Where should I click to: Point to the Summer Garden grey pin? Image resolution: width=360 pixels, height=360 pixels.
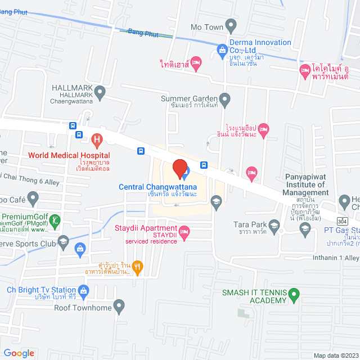(225, 100)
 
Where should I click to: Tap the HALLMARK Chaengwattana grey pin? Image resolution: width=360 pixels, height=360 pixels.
(100, 92)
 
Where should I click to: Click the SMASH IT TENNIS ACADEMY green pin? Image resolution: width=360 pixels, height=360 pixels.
(293, 294)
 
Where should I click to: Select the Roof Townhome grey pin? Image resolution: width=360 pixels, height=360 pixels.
(119, 307)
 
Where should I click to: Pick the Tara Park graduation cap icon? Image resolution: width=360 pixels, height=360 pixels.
(274, 226)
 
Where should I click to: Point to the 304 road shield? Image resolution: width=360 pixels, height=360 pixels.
(343, 221)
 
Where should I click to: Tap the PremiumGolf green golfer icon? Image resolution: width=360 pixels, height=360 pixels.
(54, 220)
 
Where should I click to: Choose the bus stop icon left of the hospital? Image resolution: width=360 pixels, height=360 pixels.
(73, 126)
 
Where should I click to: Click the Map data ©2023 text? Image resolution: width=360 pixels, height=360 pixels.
(335, 355)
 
